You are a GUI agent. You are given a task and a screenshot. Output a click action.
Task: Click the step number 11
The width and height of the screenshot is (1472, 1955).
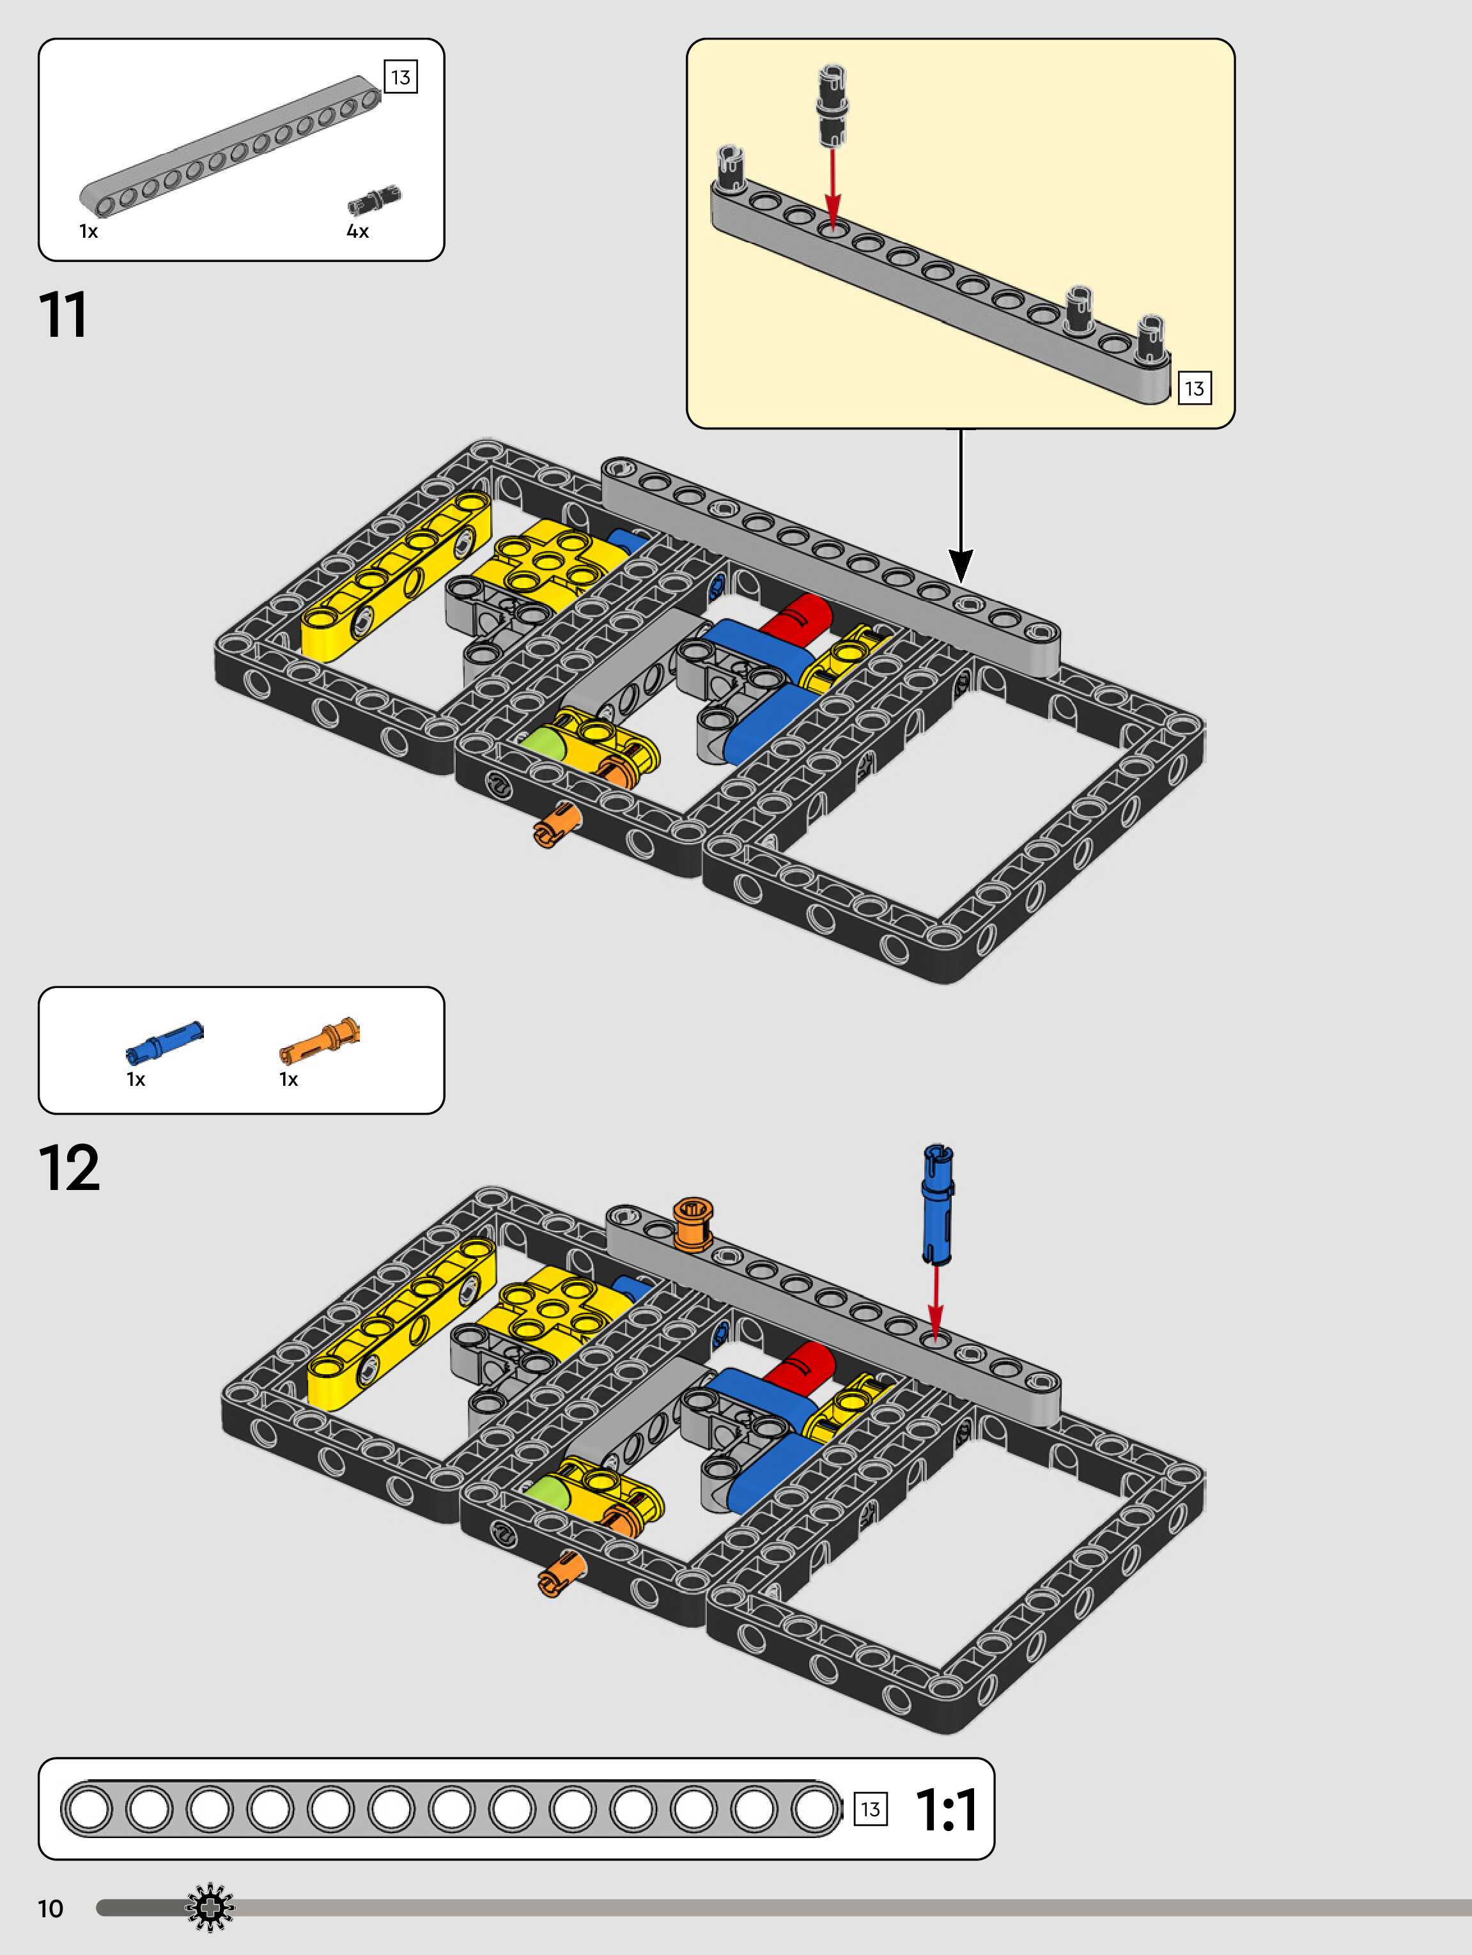63,316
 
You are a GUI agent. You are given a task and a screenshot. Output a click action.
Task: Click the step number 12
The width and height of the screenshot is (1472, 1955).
69,1168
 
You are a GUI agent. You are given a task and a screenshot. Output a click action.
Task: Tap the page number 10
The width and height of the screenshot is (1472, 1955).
50,1908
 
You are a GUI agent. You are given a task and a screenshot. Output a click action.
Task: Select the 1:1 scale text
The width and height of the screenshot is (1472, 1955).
946,1809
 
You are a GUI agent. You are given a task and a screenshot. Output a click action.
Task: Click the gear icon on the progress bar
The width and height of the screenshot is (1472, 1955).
210,1908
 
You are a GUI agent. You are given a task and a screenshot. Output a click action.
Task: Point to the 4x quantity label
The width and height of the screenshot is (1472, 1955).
357,231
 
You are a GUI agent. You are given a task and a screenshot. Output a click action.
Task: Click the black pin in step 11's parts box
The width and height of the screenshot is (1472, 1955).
373,200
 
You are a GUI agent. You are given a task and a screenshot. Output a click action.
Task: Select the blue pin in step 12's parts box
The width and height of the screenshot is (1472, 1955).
164,1039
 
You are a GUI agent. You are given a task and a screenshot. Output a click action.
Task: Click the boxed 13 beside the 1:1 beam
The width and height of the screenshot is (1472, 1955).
870,1809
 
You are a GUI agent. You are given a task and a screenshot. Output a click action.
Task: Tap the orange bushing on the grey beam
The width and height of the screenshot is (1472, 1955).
692,1223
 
